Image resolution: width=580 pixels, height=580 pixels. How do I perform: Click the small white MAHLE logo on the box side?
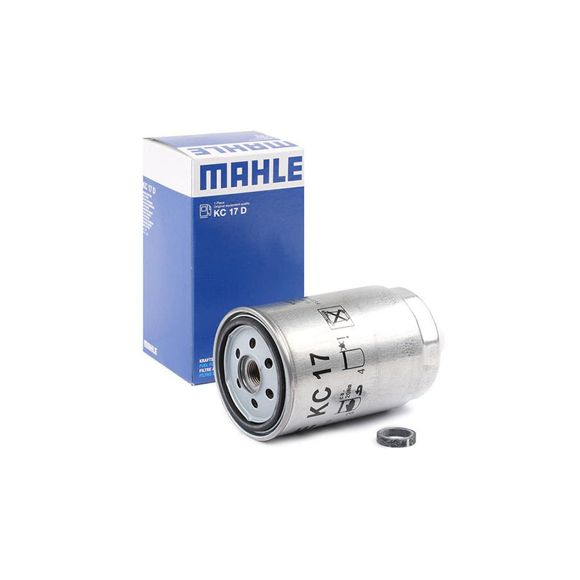150,346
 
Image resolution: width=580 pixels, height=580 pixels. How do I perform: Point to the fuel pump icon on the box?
205,210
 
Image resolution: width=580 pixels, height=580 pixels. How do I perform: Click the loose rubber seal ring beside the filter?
396,436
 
